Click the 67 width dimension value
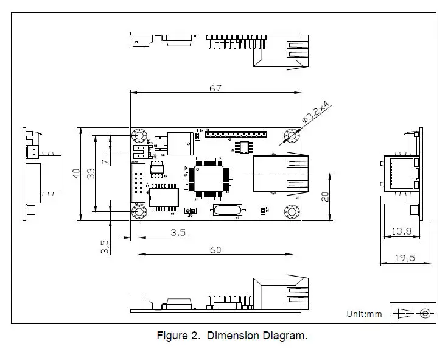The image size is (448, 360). tap(215, 88)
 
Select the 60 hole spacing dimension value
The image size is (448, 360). tap(215, 250)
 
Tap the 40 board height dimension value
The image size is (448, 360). tap(76, 173)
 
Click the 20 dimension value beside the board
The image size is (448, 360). tap(325, 196)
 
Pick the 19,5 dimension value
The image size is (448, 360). tap(401, 258)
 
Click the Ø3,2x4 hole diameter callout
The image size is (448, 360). tap(315, 113)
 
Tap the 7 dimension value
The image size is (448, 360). tap(105, 161)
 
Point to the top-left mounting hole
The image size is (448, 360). tap(138, 135)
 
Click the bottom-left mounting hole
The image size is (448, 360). tap(138, 211)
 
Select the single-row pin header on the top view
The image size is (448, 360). tap(235, 133)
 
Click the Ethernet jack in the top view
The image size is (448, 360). tap(280, 174)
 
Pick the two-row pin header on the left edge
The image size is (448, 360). tap(139, 183)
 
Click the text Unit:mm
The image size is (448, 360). tap(364, 314)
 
